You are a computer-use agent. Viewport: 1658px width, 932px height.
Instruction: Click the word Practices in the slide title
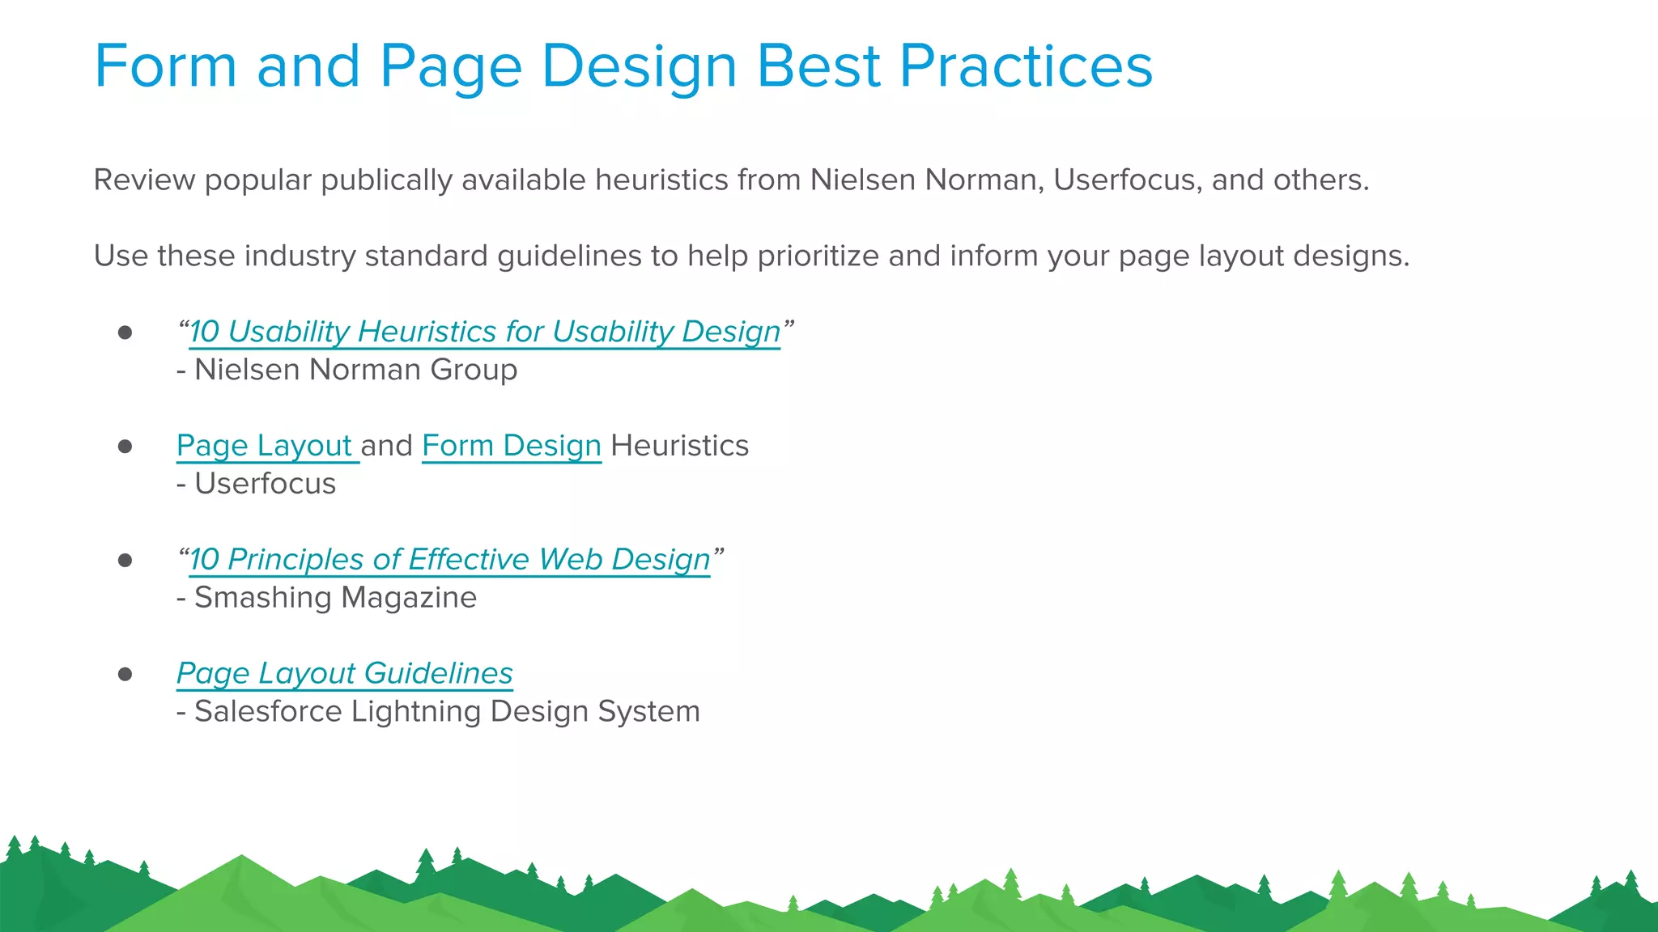(x=1025, y=66)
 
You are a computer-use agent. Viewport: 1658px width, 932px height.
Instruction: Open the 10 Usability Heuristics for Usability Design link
(x=484, y=332)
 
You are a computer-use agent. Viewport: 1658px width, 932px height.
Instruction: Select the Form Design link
(x=511, y=446)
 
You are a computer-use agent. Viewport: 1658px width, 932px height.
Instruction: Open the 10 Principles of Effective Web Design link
(x=449, y=560)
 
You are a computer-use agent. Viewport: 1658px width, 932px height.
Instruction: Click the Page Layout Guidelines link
(x=344, y=673)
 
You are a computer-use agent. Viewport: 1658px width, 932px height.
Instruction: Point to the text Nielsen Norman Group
(x=355, y=370)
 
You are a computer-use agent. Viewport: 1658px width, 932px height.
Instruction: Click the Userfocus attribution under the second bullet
(x=265, y=484)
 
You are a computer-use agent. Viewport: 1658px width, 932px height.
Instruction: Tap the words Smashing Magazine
(x=335, y=598)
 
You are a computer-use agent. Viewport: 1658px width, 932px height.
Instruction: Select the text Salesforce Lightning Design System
(x=447, y=712)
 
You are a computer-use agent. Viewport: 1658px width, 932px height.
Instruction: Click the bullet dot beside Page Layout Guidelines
(x=125, y=674)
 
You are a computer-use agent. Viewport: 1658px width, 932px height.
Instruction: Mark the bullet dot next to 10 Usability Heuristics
(x=125, y=333)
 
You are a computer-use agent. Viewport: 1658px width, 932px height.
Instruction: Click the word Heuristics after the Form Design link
(x=679, y=446)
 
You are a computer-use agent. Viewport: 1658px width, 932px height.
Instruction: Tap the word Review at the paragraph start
(x=144, y=180)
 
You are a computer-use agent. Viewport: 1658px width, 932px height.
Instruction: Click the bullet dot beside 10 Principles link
(x=125, y=560)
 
